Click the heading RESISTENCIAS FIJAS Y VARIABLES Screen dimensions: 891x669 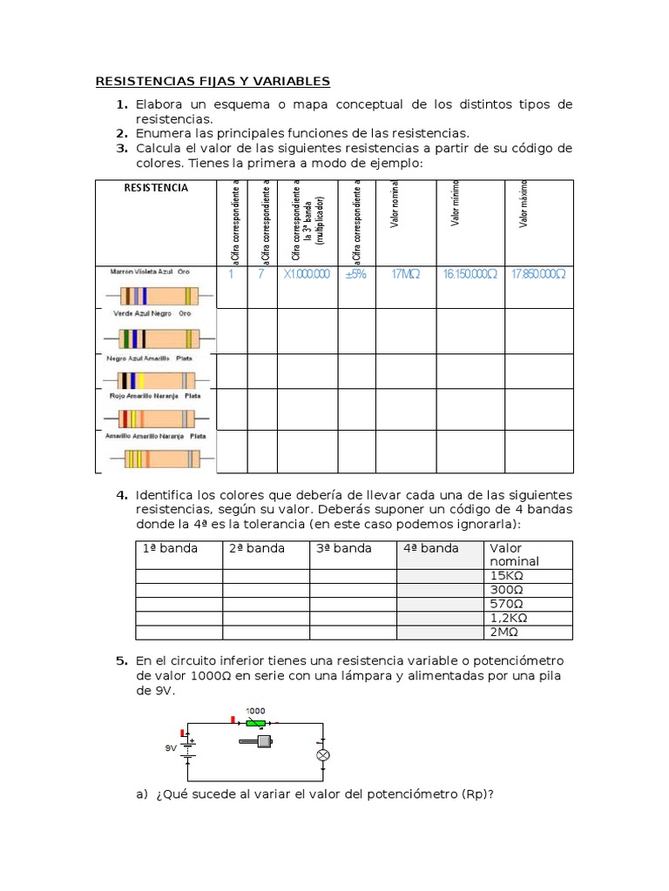tap(213, 82)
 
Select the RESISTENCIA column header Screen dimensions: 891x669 tap(155, 188)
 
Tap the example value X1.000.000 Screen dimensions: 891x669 tap(307, 274)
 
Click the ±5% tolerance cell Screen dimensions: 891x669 tap(356, 274)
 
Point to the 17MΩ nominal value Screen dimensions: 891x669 tap(405, 274)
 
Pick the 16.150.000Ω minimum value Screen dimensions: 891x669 tap(470, 274)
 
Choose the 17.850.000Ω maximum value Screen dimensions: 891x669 tap(538, 274)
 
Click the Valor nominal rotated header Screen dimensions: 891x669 tap(395, 204)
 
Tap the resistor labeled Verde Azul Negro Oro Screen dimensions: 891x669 tap(152, 337)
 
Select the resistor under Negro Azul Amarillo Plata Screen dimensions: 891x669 tap(152, 380)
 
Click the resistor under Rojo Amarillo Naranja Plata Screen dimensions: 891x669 tap(152, 417)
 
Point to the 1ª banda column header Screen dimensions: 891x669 tap(170, 548)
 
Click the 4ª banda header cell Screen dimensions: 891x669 tap(430, 548)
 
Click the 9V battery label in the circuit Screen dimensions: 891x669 tap(172, 747)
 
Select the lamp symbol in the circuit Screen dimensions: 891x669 tap(322, 755)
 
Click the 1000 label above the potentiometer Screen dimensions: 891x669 tap(255, 711)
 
